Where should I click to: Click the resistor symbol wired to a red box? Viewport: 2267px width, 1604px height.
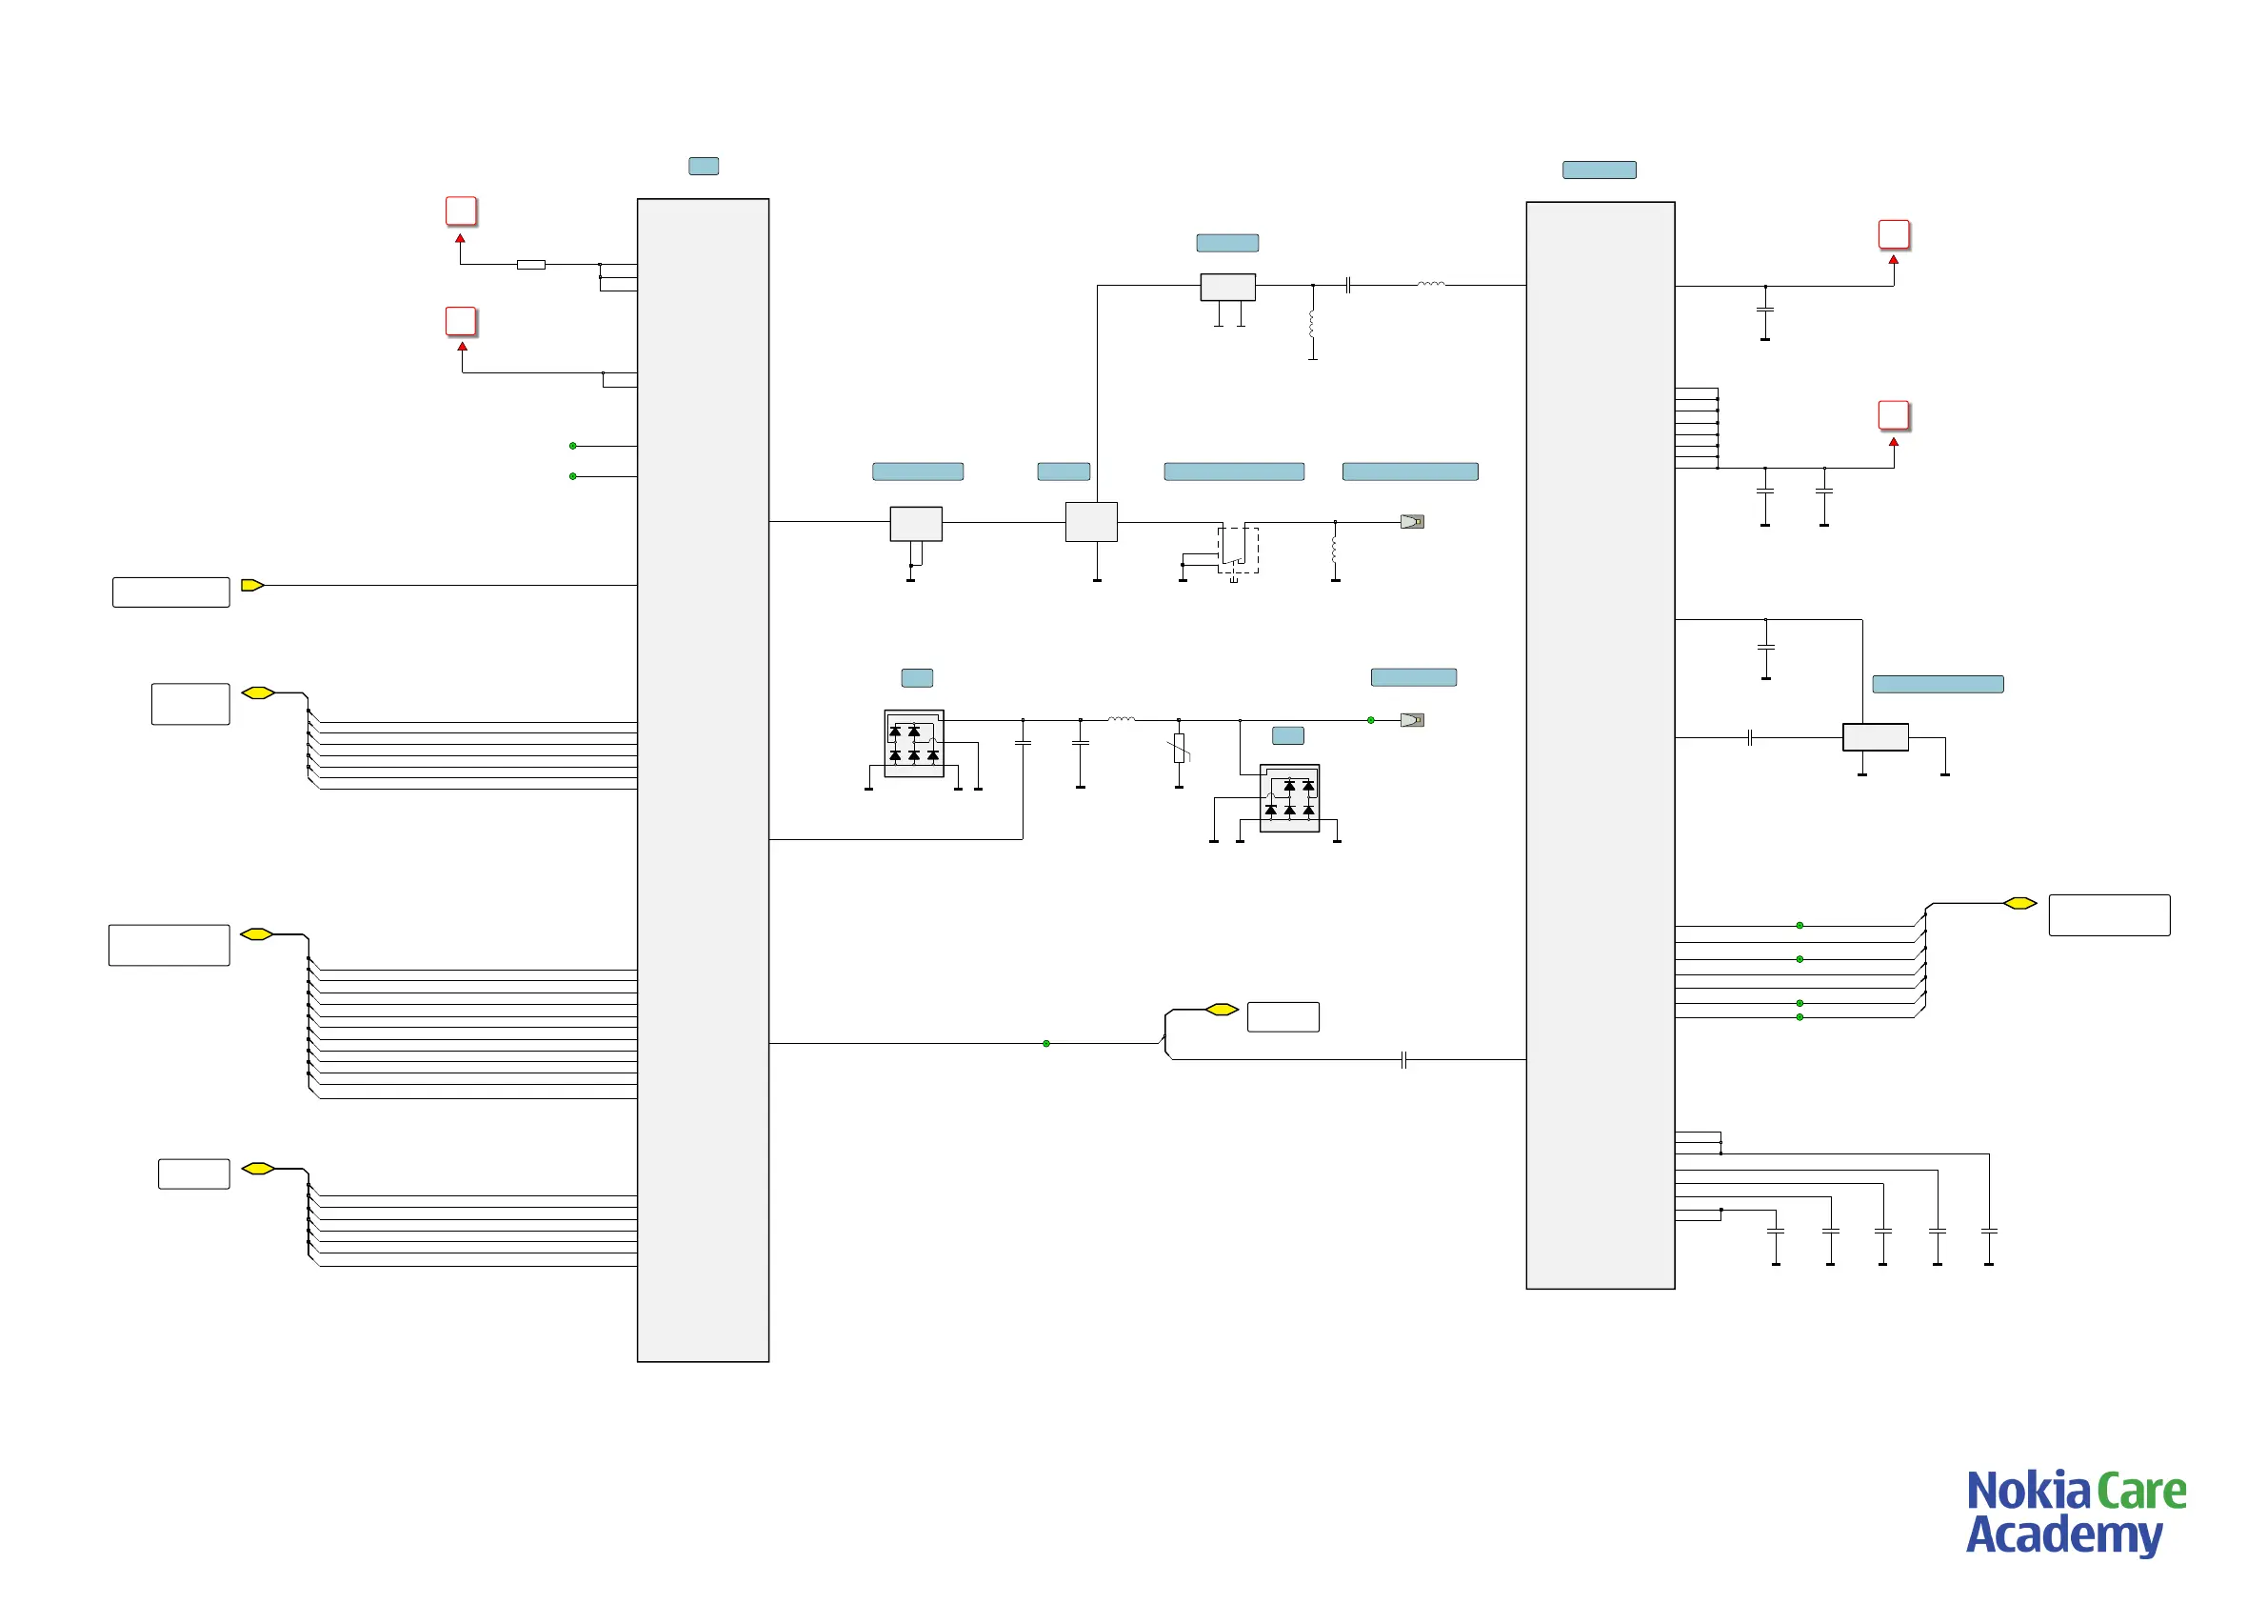[x=531, y=265]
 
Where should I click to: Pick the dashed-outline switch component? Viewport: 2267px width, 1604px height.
[x=1238, y=551]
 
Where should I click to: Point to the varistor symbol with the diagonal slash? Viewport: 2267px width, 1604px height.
[x=1179, y=749]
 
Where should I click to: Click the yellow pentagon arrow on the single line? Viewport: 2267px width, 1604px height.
[x=251, y=586]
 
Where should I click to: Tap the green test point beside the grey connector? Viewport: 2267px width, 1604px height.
[x=1370, y=720]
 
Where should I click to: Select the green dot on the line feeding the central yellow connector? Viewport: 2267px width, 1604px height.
[x=1046, y=1043]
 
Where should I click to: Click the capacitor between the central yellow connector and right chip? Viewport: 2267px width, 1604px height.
[x=1403, y=1060]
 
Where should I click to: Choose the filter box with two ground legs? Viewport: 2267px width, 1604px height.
[x=1227, y=287]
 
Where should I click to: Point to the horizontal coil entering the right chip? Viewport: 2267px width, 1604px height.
[x=1431, y=285]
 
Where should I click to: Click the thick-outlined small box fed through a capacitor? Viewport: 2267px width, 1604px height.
[x=1875, y=737]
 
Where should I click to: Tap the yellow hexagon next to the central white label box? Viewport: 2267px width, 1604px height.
[x=1222, y=1010]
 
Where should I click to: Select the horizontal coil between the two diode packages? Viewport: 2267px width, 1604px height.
[x=1122, y=719]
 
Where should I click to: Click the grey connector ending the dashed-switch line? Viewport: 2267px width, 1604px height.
[x=1412, y=522]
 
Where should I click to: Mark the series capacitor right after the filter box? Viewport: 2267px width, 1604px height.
[x=1348, y=286]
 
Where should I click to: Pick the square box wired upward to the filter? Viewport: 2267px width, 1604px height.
[x=1091, y=522]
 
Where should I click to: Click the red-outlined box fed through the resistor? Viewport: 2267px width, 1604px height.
[x=461, y=211]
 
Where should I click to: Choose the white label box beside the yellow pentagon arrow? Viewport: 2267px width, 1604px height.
[x=170, y=591]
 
